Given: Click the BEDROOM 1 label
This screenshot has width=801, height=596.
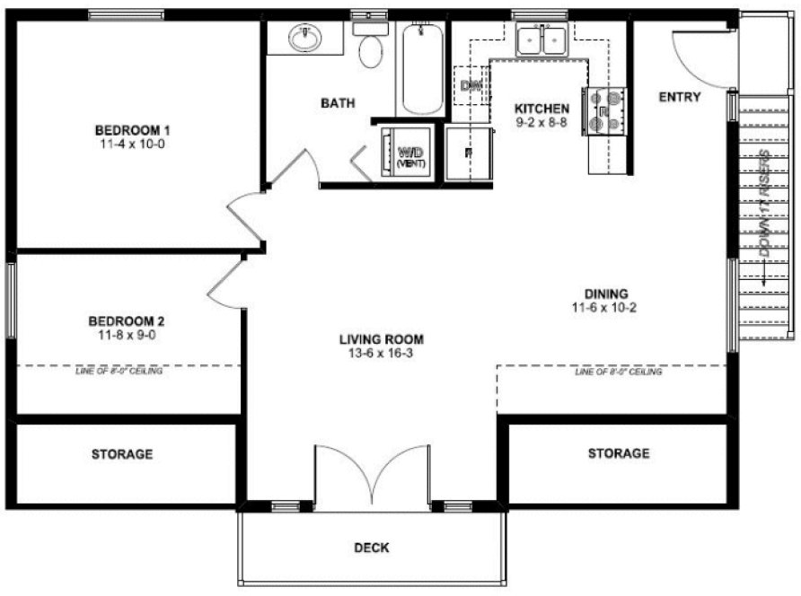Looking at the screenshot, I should pyautogui.click(x=129, y=128).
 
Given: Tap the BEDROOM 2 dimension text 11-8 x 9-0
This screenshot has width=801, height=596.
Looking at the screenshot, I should pyautogui.click(x=126, y=335).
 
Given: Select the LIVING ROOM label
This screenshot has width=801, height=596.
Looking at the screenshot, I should pyautogui.click(x=381, y=339).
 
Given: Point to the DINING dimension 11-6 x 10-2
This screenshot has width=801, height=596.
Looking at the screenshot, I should pyautogui.click(x=605, y=307).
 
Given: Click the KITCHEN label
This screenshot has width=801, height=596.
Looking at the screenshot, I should pyautogui.click(x=542, y=109).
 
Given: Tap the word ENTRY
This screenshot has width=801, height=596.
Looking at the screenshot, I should pyautogui.click(x=680, y=97).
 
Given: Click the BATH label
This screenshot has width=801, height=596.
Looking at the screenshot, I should pyautogui.click(x=338, y=103).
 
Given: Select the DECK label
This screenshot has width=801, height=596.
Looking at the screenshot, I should pyautogui.click(x=371, y=548).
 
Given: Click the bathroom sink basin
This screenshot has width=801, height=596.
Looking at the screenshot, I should pyautogui.click(x=306, y=38).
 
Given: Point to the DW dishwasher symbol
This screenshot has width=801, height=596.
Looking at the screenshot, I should pyautogui.click(x=471, y=85).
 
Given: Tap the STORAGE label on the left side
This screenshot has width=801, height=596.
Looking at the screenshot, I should pyautogui.click(x=122, y=454).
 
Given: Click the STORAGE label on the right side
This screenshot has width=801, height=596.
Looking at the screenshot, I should pyautogui.click(x=619, y=453).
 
